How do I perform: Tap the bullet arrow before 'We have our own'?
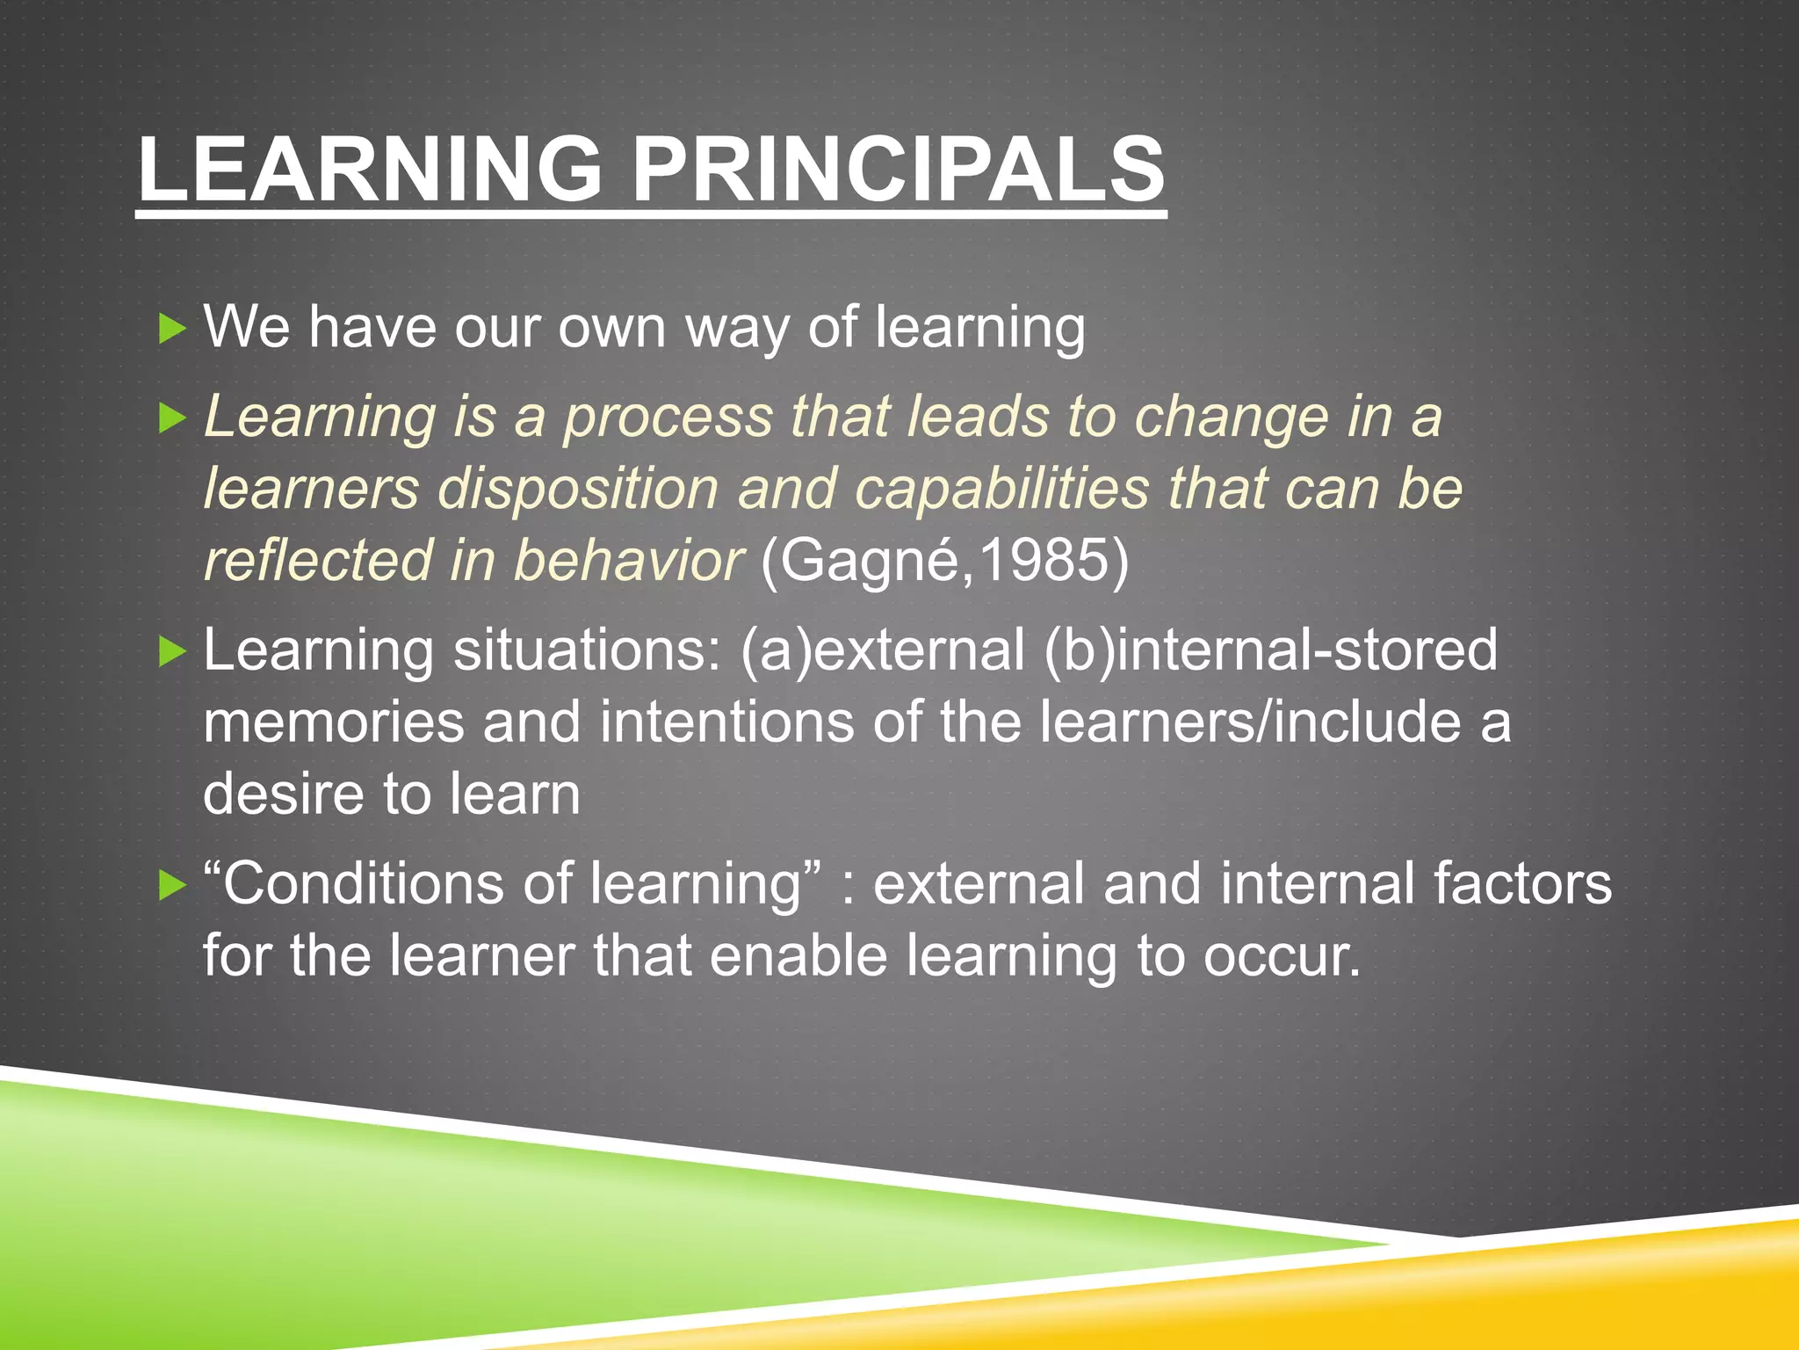point(172,330)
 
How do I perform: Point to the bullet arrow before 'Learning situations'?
point(172,652)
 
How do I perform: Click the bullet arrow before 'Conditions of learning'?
point(172,886)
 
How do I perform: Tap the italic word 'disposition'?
point(578,489)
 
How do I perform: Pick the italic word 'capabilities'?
point(1001,489)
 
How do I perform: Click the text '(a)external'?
point(882,650)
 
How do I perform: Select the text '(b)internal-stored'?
point(1270,650)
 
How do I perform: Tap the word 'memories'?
point(334,722)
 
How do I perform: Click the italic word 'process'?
point(668,418)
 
